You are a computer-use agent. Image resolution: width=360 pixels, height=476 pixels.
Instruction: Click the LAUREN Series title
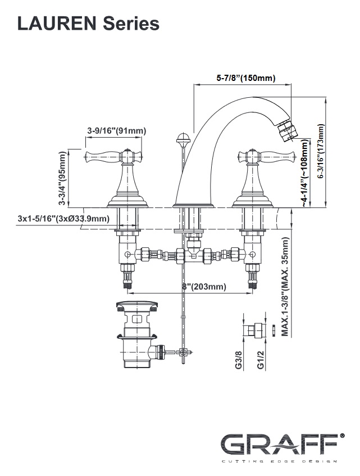pyautogui.click(x=88, y=23)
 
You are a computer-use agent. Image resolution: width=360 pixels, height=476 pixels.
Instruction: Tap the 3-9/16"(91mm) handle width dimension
pyautogui.click(x=116, y=131)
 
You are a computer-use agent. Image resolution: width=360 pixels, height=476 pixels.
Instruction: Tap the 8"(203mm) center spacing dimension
pyautogui.click(x=204, y=287)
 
